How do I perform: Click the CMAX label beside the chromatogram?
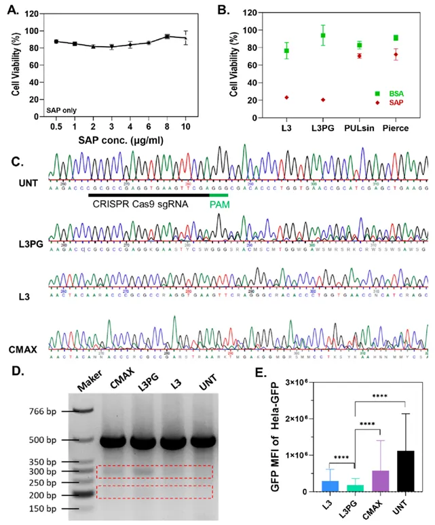coord(24,348)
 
